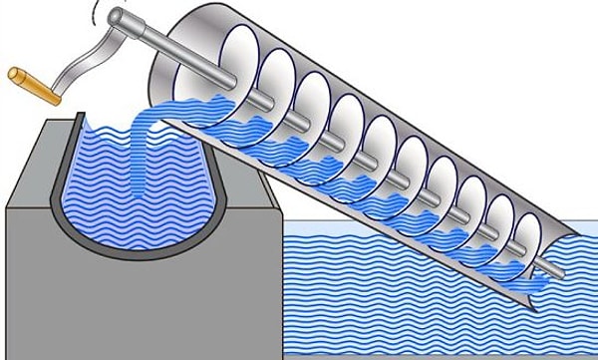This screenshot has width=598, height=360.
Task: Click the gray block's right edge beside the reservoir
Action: (283, 289)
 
